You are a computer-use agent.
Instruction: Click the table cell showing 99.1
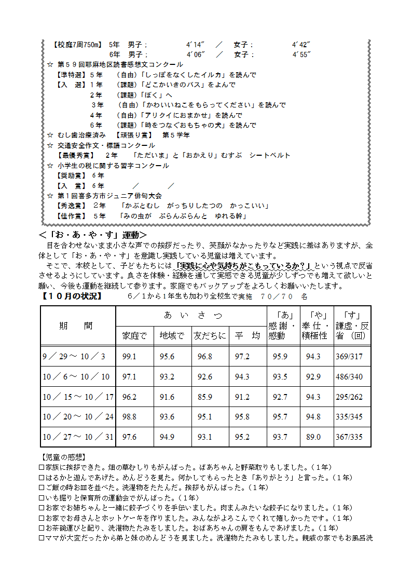(x=129, y=357)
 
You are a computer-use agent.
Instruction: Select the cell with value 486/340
(x=349, y=377)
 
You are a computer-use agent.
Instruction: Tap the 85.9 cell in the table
(x=205, y=397)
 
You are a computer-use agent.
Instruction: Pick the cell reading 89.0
(x=313, y=437)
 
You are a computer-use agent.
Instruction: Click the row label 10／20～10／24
(x=78, y=417)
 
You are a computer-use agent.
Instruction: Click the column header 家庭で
(x=134, y=336)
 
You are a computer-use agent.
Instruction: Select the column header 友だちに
(x=210, y=336)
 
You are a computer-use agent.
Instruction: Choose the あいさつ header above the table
(x=193, y=315)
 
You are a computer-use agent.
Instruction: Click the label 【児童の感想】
(x=62, y=457)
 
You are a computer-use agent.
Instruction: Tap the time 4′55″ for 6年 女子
(x=301, y=54)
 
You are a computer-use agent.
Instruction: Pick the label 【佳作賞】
(x=72, y=215)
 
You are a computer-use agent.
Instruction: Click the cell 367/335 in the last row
(x=349, y=437)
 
